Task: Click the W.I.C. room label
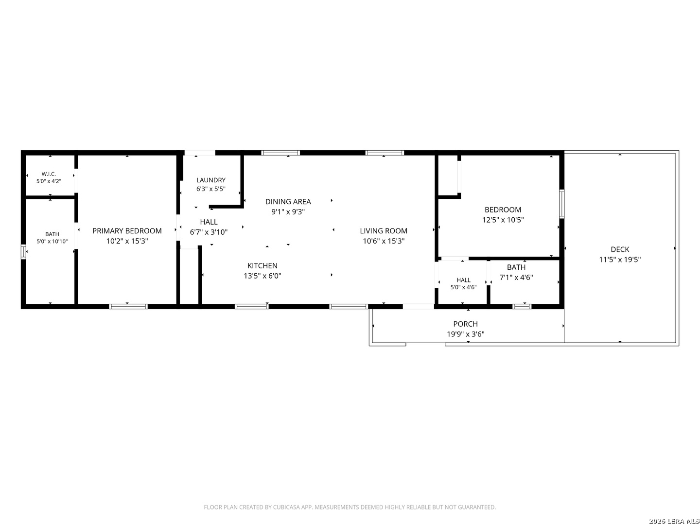click(x=49, y=174)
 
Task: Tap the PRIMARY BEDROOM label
click(x=127, y=230)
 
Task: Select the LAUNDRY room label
click(x=211, y=180)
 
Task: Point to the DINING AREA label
click(x=288, y=201)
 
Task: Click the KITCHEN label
click(x=262, y=265)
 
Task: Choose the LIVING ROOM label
click(x=384, y=230)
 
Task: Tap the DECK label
click(x=620, y=249)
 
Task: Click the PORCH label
click(x=465, y=324)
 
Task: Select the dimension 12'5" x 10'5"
click(x=503, y=219)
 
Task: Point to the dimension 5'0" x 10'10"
click(x=52, y=241)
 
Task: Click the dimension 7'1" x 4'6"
click(x=516, y=277)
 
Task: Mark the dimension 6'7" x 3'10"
click(x=209, y=232)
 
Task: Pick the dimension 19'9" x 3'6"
click(x=465, y=334)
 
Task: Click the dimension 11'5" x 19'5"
click(x=620, y=259)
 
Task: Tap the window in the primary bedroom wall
click(x=128, y=306)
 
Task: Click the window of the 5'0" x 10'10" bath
click(x=23, y=251)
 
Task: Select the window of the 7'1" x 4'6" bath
click(x=522, y=306)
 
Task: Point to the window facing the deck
click(x=561, y=204)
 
